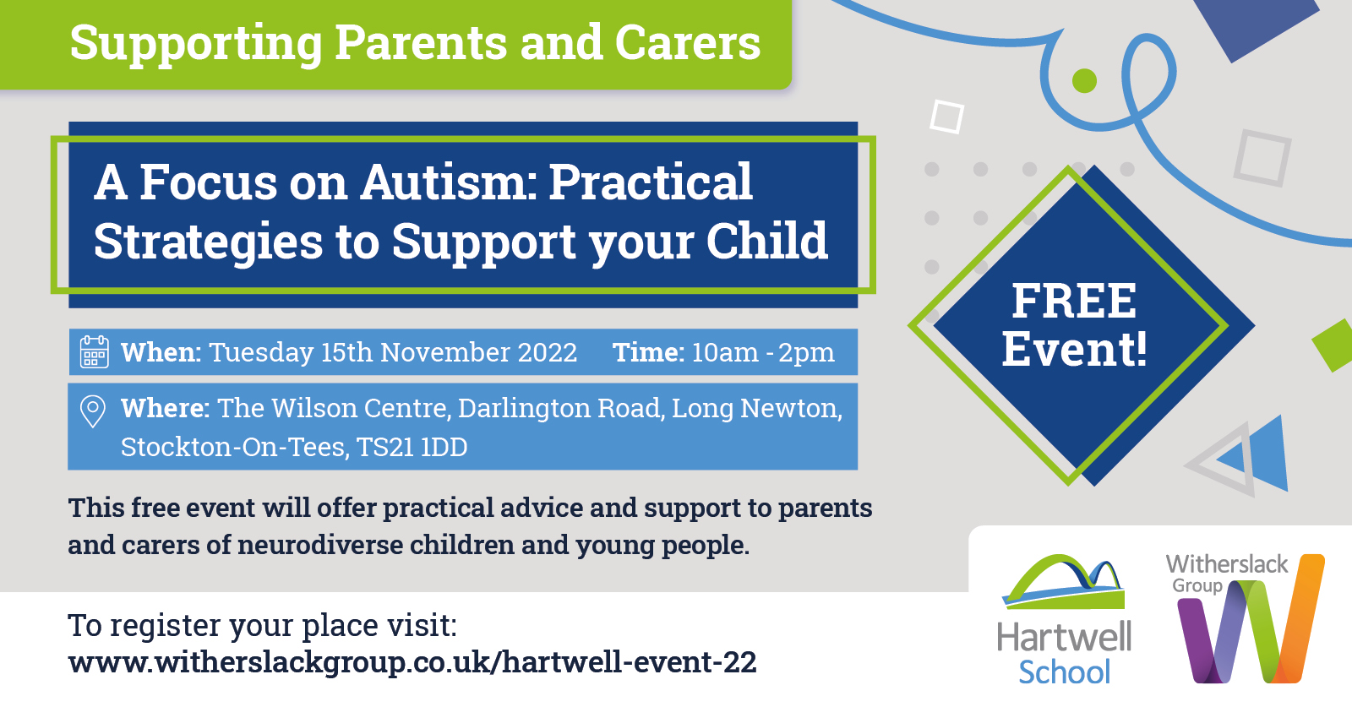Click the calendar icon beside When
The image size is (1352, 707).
[94, 351]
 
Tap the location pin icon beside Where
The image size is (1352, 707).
[92, 411]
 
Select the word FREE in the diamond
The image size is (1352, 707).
[1074, 301]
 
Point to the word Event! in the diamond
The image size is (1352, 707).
[1074, 350]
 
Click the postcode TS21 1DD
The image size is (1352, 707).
[412, 447]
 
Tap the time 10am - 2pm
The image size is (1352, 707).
[762, 352]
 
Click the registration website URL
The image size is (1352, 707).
[412, 662]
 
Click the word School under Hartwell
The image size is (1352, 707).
[1064, 672]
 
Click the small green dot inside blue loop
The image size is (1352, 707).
[1084, 81]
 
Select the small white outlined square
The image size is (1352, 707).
[946, 117]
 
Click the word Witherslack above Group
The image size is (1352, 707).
[1226, 563]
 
